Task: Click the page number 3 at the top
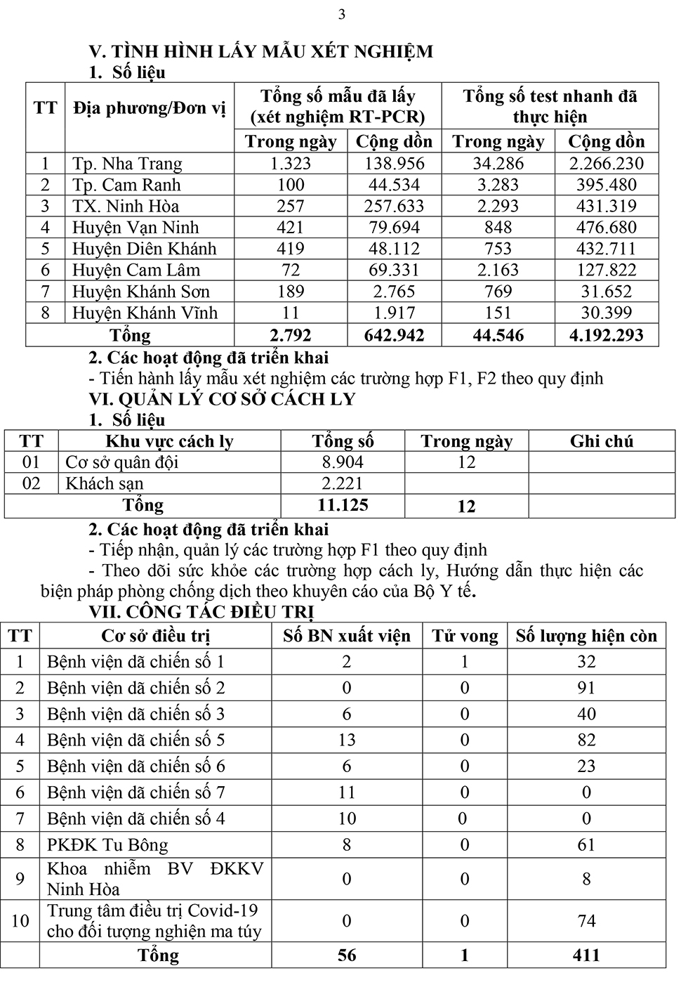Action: click(x=342, y=15)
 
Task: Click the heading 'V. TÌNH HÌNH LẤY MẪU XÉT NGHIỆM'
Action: click(x=260, y=51)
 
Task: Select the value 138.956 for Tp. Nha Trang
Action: click(x=394, y=164)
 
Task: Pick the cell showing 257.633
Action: click(x=394, y=207)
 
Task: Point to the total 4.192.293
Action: click(x=606, y=335)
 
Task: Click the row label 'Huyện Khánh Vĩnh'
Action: click(x=145, y=313)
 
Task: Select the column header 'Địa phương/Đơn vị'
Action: click(x=150, y=107)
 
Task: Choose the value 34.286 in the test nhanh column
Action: click(x=498, y=164)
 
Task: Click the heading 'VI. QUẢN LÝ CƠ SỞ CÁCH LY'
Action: click(x=222, y=399)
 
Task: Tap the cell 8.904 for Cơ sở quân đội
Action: click(x=343, y=462)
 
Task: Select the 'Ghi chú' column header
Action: click(x=602, y=441)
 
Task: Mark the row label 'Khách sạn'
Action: click(x=105, y=484)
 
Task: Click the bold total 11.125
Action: click(x=343, y=505)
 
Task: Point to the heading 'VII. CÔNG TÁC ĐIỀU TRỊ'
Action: click(x=206, y=613)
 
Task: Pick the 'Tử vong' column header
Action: click(x=465, y=636)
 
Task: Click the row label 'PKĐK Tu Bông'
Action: click(x=107, y=845)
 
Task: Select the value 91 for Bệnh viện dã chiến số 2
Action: click(x=586, y=688)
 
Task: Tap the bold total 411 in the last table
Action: click(x=586, y=955)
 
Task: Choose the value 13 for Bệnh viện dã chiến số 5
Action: click(x=347, y=740)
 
